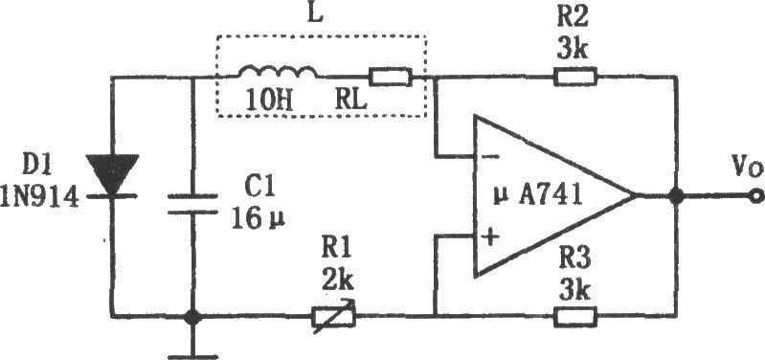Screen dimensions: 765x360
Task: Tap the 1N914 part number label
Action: (x=39, y=199)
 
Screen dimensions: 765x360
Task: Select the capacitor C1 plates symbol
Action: (x=192, y=204)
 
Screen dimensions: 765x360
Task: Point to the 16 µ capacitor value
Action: (x=259, y=220)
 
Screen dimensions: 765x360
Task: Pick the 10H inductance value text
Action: (x=269, y=101)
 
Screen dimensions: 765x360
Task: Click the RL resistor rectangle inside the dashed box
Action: (x=390, y=77)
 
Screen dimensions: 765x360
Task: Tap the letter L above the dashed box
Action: (x=316, y=15)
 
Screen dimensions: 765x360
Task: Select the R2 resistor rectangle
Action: (x=575, y=77)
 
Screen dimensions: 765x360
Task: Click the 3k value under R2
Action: (x=573, y=50)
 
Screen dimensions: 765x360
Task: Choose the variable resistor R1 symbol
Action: (x=334, y=317)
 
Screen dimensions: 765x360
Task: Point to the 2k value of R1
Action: (x=339, y=281)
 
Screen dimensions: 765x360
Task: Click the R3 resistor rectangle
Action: (x=575, y=317)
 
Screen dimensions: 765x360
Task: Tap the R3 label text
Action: (x=574, y=259)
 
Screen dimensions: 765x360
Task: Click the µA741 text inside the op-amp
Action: (x=538, y=196)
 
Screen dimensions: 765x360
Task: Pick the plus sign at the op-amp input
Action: (x=490, y=237)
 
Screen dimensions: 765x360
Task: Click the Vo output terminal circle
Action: (x=755, y=196)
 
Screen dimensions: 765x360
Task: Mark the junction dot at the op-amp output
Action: (x=676, y=196)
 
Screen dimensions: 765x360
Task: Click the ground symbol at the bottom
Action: (x=192, y=351)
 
